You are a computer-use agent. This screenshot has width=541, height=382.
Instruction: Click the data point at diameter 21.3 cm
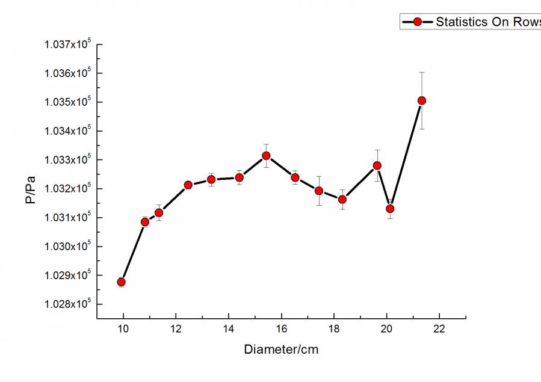(422, 100)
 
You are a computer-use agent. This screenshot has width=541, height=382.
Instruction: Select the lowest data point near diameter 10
(122, 282)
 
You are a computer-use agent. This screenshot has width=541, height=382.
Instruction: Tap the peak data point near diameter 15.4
(266, 156)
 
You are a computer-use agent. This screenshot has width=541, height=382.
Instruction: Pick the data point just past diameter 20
(390, 209)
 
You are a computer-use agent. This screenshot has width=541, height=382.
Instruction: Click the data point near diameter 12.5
(188, 185)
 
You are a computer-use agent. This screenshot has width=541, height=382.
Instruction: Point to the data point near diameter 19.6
(377, 165)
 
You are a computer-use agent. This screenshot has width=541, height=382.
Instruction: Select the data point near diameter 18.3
(342, 199)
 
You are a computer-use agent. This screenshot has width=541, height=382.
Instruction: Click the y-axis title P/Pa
(31, 189)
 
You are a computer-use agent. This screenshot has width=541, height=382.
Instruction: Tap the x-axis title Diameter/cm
(281, 350)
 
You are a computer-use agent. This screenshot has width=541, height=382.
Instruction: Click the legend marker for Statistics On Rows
(416, 22)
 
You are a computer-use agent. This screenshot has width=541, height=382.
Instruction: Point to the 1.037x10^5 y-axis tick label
(67, 45)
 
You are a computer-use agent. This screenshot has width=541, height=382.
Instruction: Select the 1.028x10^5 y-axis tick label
(67, 304)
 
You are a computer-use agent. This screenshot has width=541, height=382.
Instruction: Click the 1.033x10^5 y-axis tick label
(67, 160)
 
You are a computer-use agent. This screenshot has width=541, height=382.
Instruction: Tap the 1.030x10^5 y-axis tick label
(67, 246)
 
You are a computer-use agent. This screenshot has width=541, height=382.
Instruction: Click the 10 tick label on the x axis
(123, 328)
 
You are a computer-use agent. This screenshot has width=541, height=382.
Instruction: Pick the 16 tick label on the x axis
(281, 328)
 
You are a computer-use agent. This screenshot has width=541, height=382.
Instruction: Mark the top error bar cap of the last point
(422, 72)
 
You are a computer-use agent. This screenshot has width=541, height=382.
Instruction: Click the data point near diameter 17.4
(319, 191)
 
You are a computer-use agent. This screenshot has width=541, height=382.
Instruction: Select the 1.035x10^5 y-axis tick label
(67, 102)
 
